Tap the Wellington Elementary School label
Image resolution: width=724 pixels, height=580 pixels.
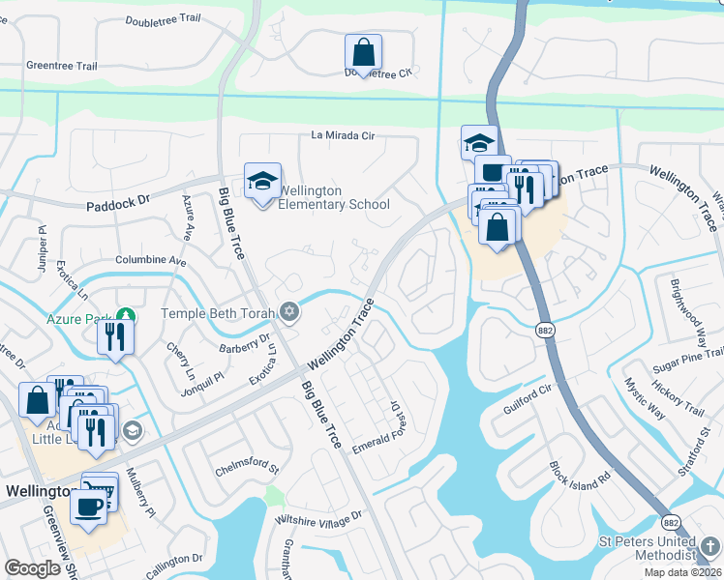pyautogui.click(x=333, y=197)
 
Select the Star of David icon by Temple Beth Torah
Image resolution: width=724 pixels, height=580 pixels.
pyautogui.click(x=287, y=311)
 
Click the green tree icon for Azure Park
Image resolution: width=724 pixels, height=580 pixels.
pyautogui.click(x=125, y=315)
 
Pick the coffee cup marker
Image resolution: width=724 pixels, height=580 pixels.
pyautogui.click(x=90, y=506)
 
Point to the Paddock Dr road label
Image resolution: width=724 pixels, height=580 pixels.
pyautogui.click(x=120, y=205)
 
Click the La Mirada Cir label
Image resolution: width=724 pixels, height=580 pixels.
pyautogui.click(x=342, y=136)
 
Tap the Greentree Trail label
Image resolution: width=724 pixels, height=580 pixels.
pyautogui.click(x=62, y=66)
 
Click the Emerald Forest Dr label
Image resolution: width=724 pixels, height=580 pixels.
pyautogui.click(x=379, y=427)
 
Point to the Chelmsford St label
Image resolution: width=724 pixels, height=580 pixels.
pyautogui.click(x=246, y=470)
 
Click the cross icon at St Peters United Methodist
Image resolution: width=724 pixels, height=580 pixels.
pyautogui.click(x=711, y=547)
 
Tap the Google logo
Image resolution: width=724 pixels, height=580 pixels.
pyautogui.click(x=32, y=567)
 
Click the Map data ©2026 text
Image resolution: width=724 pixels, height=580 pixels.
pyautogui.click(x=683, y=572)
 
